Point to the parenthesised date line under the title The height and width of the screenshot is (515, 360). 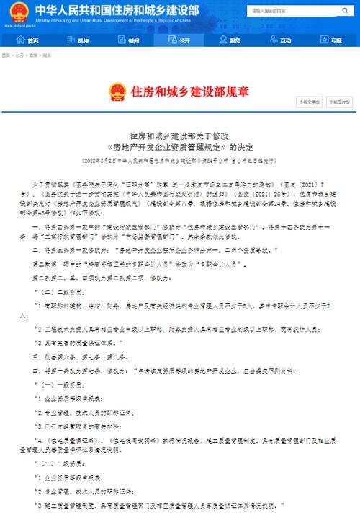(179, 161)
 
